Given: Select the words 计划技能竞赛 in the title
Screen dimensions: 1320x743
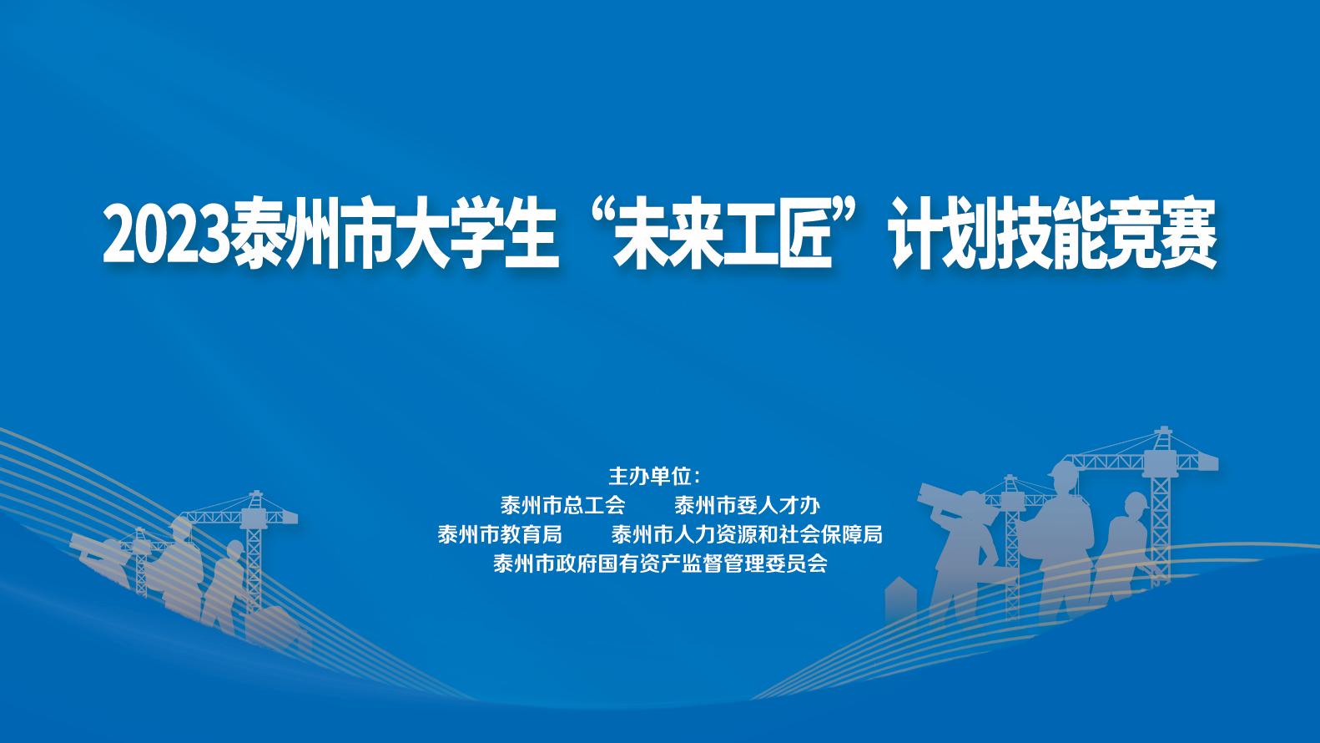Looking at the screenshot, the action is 1054,235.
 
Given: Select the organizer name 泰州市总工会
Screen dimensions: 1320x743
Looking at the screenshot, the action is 562,505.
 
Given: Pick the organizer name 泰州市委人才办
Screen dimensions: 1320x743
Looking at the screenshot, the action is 747,505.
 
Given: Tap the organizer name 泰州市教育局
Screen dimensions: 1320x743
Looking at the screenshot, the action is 500,535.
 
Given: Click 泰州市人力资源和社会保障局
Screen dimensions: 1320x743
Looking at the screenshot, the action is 747,535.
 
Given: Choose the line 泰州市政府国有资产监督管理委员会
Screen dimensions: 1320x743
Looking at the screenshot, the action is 660,564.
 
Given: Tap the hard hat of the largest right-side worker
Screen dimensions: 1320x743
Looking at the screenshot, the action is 1063,472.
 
